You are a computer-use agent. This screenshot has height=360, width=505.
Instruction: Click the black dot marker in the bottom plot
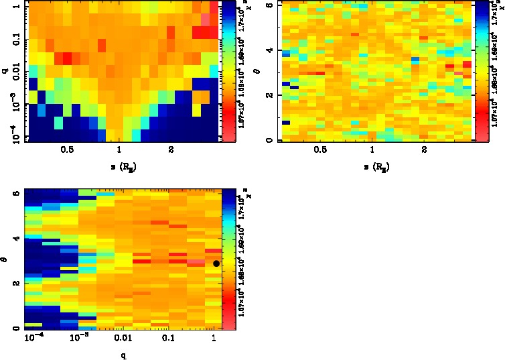[216, 263]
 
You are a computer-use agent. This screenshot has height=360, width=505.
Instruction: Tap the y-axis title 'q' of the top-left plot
[5, 67]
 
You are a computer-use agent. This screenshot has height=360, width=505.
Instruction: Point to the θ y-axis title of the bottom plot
[5, 259]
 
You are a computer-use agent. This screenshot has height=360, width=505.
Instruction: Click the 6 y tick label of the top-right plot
[269, 5]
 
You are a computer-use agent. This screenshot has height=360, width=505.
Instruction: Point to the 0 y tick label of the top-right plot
[269, 139]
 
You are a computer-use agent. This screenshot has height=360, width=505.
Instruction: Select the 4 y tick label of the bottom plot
[15, 238]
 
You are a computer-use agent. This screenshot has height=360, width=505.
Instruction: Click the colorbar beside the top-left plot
[229, 70]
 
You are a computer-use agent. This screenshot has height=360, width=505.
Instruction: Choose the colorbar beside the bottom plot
[229, 259]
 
